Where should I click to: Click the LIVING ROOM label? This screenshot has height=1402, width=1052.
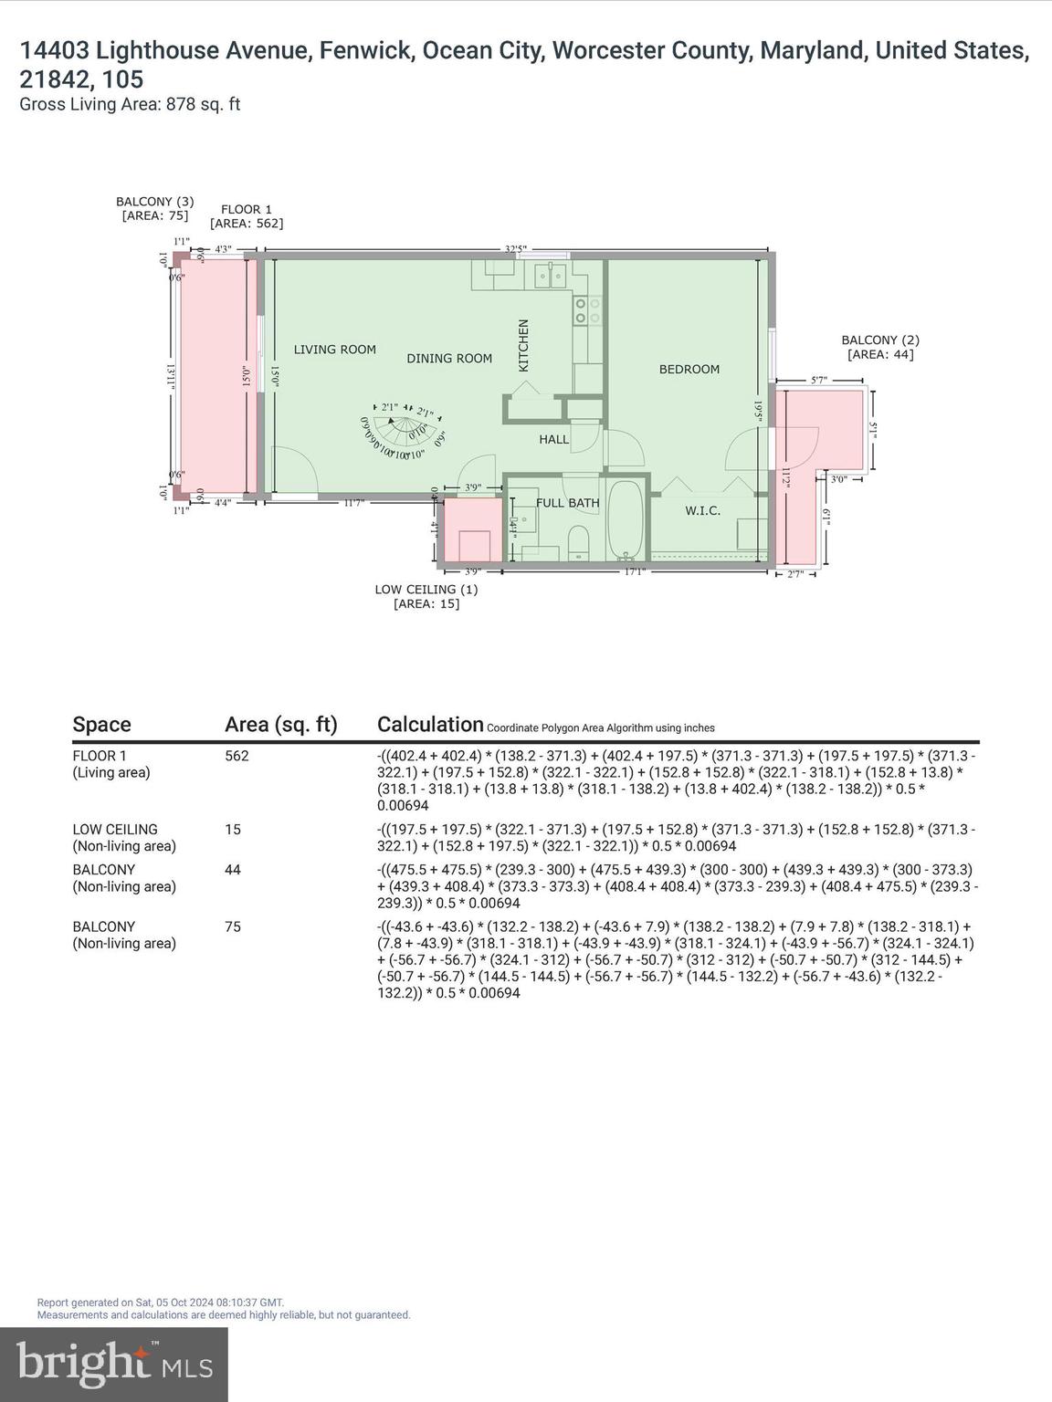pos(334,350)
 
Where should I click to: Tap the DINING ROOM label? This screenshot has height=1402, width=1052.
pos(449,359)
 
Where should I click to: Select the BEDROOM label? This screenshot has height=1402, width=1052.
pos(689,369)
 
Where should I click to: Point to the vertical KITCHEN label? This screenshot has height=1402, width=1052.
pos(523,345)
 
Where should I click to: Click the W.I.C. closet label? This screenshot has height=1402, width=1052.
pos(702,510)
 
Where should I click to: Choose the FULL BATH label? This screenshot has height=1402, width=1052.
pos(567,503)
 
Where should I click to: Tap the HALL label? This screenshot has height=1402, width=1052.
pos(553,439)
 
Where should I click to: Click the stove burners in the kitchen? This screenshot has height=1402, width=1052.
pos(586,310)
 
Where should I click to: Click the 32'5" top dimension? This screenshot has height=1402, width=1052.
pos(516,248)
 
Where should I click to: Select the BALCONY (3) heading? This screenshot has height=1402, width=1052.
pos(154,208)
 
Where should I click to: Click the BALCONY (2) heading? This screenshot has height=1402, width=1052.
pos(880,347)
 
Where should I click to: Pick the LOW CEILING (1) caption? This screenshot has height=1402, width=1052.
pos(426,596)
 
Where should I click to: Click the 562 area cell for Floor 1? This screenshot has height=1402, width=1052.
pos(237,756)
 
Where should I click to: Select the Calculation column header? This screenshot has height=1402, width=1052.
pos(430,725)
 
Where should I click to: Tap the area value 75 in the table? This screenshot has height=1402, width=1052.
pos(233,926)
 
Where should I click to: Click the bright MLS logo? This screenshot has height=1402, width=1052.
pos(114,1364)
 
